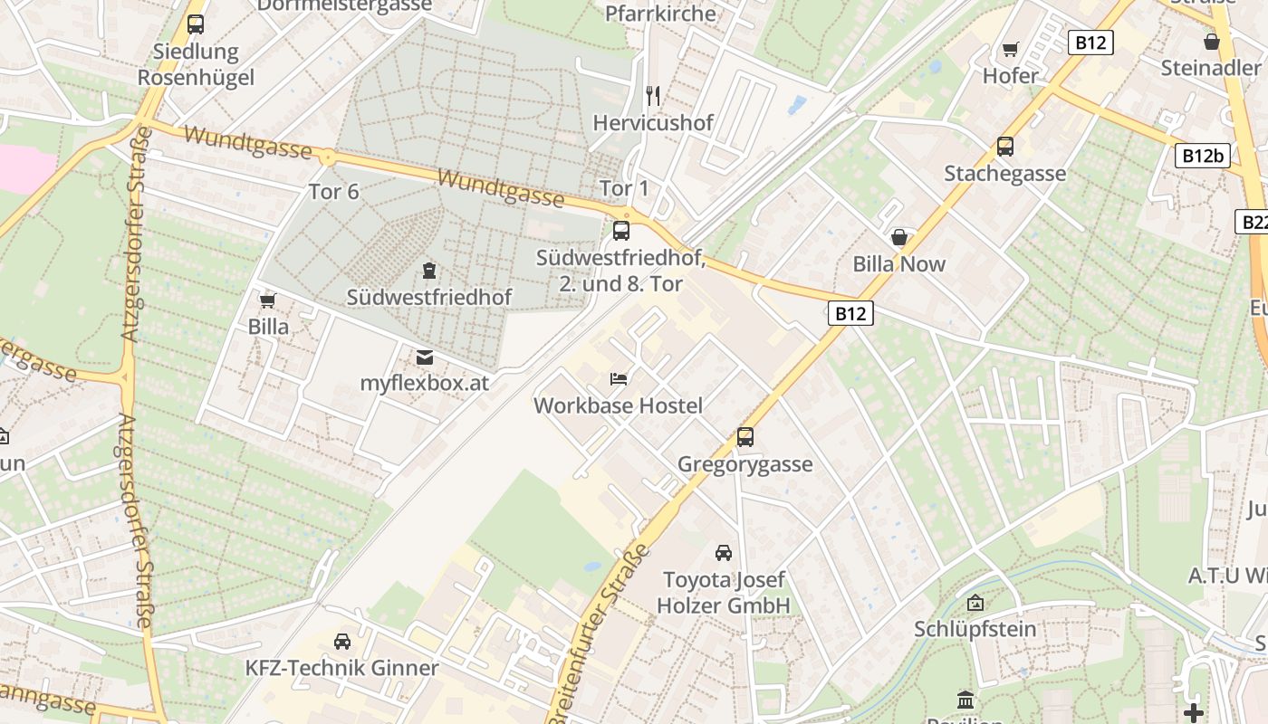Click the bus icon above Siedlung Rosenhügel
[196, 24]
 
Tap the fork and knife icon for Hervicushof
[653, 95]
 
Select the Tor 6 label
[334, 192]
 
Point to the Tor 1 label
[625, 188]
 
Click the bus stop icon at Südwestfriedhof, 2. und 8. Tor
[621, 231]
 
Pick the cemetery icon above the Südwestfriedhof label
[428, 270]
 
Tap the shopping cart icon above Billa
[268, 300]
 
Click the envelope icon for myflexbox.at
[424, 357]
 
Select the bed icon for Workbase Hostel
[619, 378]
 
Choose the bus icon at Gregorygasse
[745, 437]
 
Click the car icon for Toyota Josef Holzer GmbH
[724, 552]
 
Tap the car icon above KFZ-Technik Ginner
[342, 641]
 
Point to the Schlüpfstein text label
[975, 629]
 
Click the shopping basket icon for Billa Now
[899, 237]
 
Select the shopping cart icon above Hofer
[1011, 49]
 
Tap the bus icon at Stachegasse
[1005, 146]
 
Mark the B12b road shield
[1203, 156]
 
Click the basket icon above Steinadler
[1212, 42]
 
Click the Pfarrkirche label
[660, 14]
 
